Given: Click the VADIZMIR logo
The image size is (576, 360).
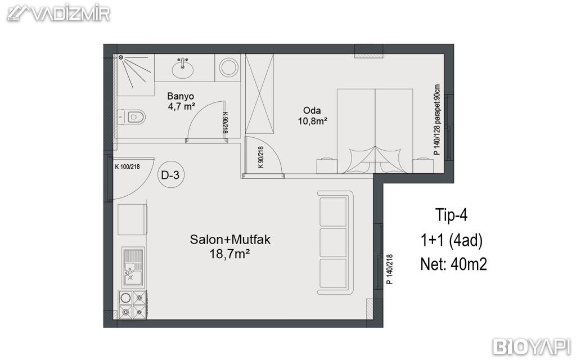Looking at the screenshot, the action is [x=58, y=13].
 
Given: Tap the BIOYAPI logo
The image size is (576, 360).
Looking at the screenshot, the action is [x=532, y=346].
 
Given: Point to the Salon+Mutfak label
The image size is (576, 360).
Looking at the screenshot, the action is [x=230, y=240].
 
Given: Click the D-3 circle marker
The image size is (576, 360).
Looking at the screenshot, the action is [x=170, y=175].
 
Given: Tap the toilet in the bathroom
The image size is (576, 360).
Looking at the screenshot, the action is [x=132, y=118].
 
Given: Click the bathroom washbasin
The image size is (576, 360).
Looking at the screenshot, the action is [x=182, y=68].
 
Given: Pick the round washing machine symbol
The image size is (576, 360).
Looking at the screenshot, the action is [x=229, y=67].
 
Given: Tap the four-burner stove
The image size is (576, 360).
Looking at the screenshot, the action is [x=132, y=304].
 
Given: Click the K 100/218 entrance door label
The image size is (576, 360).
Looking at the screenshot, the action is [x=128, y=166].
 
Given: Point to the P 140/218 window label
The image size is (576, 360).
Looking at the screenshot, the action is [x=390, y=269].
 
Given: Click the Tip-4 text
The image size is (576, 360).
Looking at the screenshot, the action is [x=451, y=214].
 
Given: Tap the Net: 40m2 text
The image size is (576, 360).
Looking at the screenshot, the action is [x=454, y=264].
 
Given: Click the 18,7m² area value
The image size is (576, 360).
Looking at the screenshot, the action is [x=230, y=254].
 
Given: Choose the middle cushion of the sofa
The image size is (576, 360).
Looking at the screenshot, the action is [x=333, y=243].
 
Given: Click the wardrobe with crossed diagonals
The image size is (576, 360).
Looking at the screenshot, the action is [x=260, y=94].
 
